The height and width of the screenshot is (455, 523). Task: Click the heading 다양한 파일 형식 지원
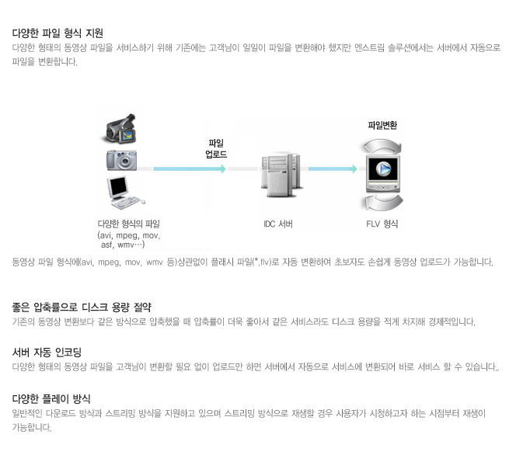click(58, 33)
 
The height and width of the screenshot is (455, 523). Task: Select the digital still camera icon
click(122, 159)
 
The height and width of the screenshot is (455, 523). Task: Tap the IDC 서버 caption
click(278, 224)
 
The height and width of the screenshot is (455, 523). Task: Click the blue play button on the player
click(382, 168)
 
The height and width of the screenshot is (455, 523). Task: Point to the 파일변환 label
click(382, 124)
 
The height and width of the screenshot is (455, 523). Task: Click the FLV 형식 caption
click(382, 224)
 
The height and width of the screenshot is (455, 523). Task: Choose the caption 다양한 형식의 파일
click(128, 224)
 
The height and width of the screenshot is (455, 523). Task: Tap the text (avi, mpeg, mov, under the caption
click(128, 234)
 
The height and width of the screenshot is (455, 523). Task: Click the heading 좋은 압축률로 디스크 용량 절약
click(82, 307)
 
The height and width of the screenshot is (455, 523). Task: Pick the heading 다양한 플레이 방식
click(51, 398)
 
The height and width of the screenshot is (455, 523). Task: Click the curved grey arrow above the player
click(382, 145)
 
